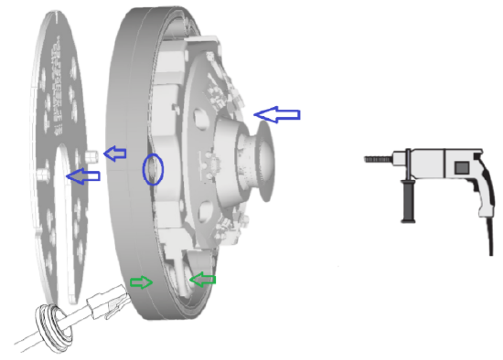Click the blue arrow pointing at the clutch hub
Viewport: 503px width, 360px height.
(x=277, y=113)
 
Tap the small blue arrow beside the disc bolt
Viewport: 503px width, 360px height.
(x=114, y=154)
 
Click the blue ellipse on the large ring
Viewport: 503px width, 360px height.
(x=153, y=170)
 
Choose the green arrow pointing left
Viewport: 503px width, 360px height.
(x=201, y=278)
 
